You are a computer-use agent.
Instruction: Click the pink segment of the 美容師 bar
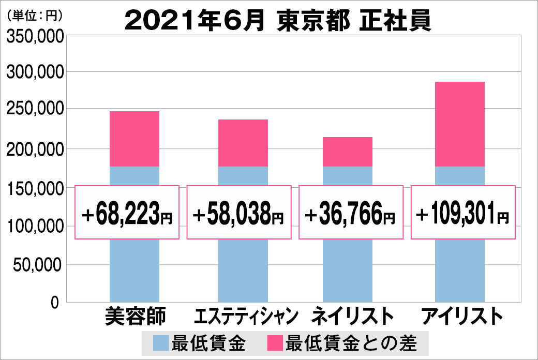pyautogui.click(x=134, y=139)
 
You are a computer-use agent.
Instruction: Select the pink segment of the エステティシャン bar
pyautogui.click(x=243, y=143)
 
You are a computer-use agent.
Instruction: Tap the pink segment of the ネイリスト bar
pyautogui.click(x=348, y=152)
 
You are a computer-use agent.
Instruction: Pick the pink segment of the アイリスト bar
pyautogui.click(x=460, y=124)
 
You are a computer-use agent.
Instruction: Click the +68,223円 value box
pyautogui.click(x=127, y=212)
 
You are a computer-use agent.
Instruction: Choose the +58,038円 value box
pyautogui.click(x=238, y=212)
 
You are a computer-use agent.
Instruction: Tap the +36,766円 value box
pyautogui.click(x=351, y=212)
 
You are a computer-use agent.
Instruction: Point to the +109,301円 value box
pyautogui.click(x=463, y=212)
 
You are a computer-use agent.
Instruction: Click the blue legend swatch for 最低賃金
pyautogui.click(x=161, y=343)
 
